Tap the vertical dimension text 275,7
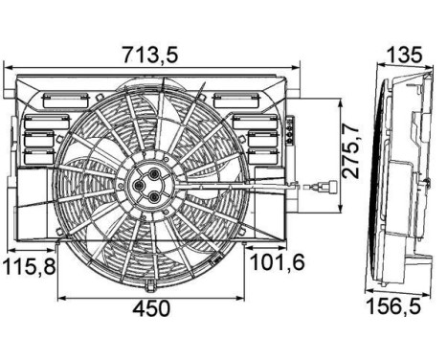pos(354,150)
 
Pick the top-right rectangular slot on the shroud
pos(231,98)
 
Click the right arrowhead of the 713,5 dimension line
pos(297,69)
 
